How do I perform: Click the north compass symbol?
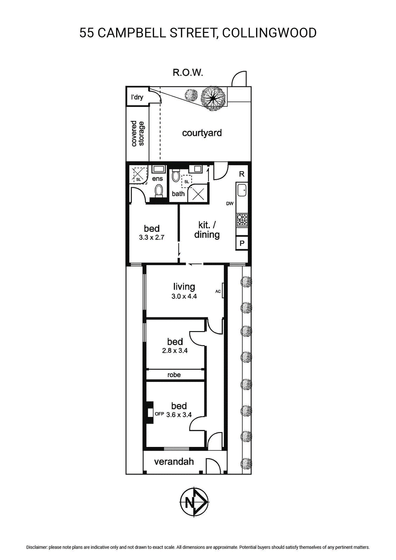(194, 502)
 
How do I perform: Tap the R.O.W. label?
(188, 72)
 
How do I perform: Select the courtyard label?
(202, 133)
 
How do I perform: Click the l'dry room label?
(137, 97)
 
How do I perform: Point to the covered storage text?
(138, 133)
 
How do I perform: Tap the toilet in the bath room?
(176, 175)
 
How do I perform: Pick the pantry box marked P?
(242, 243)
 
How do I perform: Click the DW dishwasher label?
(230, 204)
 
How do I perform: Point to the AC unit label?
(218, 291)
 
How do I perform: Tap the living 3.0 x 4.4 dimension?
(184, 296)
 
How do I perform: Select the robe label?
(174, 374)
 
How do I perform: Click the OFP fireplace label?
(159, 414)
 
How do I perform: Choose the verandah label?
(174, 461)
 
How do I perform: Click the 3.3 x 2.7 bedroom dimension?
(152, 238)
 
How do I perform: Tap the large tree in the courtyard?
(214, 98)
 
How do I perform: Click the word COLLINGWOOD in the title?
(269, 33)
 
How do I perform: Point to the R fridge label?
(242, 174)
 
